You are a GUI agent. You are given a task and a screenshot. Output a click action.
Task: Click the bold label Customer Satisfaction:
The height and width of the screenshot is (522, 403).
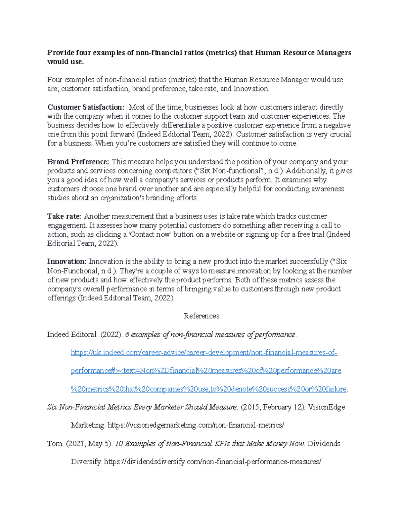pos(86,107)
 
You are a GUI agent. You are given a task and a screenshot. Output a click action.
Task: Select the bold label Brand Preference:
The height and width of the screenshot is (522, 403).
pos(78,162)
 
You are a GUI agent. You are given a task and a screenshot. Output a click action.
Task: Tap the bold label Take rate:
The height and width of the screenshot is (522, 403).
pos(64,216)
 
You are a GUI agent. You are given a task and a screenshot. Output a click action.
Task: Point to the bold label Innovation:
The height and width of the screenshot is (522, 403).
pos(67,262)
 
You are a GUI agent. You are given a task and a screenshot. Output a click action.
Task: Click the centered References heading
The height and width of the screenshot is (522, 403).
pos(201,316)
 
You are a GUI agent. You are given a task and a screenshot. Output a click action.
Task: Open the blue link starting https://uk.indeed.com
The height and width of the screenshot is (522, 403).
pos(204,353)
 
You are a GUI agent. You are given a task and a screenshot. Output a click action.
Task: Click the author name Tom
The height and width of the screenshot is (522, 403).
pos(54,444)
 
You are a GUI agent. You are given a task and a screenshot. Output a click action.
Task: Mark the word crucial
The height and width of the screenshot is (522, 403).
pos(340,134)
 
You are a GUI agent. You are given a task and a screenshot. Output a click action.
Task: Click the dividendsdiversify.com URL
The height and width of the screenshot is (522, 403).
pos(213,462)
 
